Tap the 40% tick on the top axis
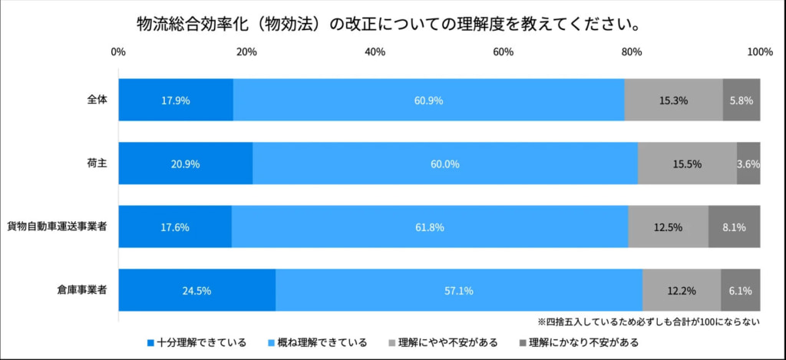click(x=375, y=52)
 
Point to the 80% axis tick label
click(x=632, y=52)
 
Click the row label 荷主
click(x=97, y=163)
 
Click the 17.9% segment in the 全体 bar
click(x=176, y=100)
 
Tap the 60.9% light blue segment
click(x=428, y=100)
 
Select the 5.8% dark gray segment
click(x=741, y=100)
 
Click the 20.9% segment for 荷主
click(x=185, y=163)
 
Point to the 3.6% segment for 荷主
click(x=748, y=163)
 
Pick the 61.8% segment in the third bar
click(x=430, y=227)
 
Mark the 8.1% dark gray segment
click(x=734, y=227)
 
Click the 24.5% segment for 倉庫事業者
click(x=196, y=291)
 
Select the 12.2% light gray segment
click(x=681, y=291)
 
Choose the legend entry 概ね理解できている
click(x=317, y=342)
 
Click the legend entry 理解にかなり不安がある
click(x=580, y=342)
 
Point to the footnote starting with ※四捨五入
click(x=649, y=322)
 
